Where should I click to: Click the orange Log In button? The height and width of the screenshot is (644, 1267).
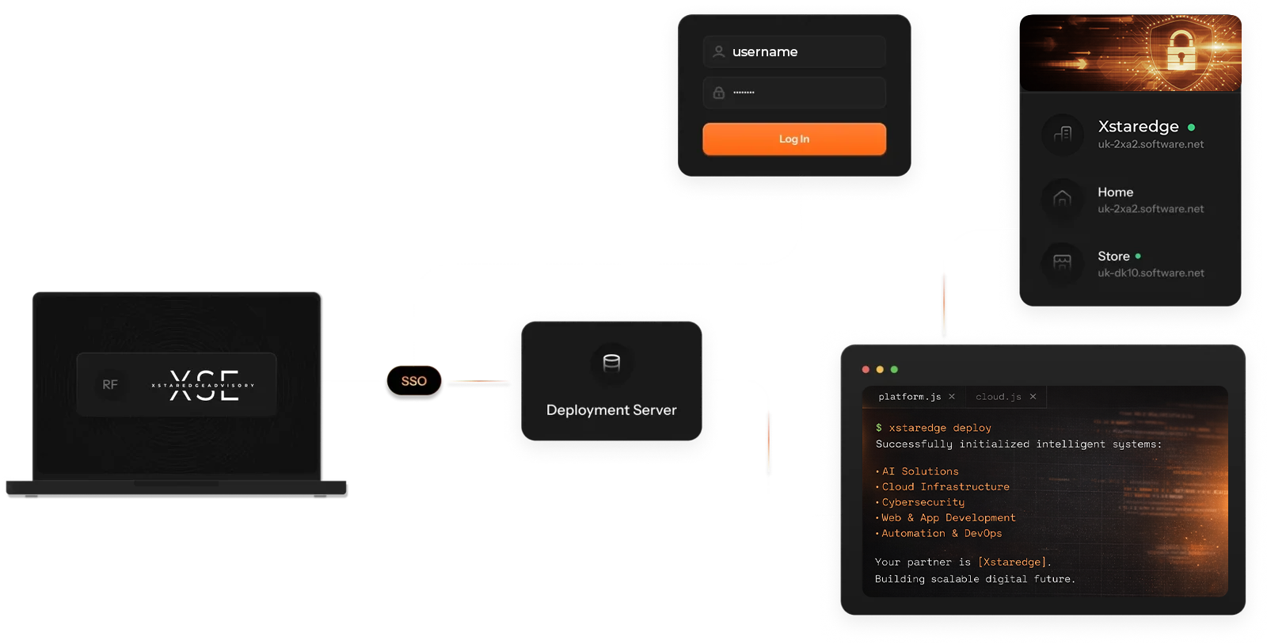793,139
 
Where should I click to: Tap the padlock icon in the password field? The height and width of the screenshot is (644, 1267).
718,93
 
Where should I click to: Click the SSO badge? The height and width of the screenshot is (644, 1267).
413,381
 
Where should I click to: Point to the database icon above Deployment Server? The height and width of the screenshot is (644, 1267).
611,363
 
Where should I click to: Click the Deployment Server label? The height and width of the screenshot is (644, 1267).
611,410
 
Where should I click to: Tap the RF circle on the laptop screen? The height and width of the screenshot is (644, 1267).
110,384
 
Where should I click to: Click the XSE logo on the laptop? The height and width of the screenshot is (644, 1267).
204,385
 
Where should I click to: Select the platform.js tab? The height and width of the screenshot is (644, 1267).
909,397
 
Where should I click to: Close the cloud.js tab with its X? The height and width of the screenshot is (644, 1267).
1033,397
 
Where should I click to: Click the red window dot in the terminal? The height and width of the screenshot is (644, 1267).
866,370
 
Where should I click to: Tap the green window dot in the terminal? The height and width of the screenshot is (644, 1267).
894,370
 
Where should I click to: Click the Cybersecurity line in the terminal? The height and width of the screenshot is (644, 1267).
923,502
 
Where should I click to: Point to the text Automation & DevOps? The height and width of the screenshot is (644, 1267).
942,534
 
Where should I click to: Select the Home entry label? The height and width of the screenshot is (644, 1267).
1115,192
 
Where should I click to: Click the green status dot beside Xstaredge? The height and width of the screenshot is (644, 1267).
1191,127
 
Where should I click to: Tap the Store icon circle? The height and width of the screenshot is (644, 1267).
1062,262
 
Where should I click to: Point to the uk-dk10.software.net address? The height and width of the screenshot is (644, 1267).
1151,273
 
